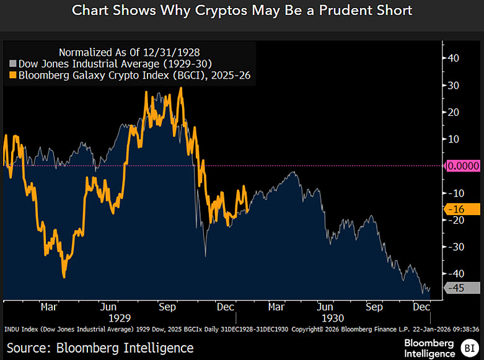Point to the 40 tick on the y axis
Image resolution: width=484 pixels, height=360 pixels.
tap(454, 58)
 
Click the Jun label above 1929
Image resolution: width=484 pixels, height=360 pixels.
tap(108, 306)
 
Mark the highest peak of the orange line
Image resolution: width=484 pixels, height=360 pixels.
tap(180, 88)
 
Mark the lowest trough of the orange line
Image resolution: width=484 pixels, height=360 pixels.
tap(64, 276)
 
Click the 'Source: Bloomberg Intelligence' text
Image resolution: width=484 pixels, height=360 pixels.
tap(100, 348)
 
